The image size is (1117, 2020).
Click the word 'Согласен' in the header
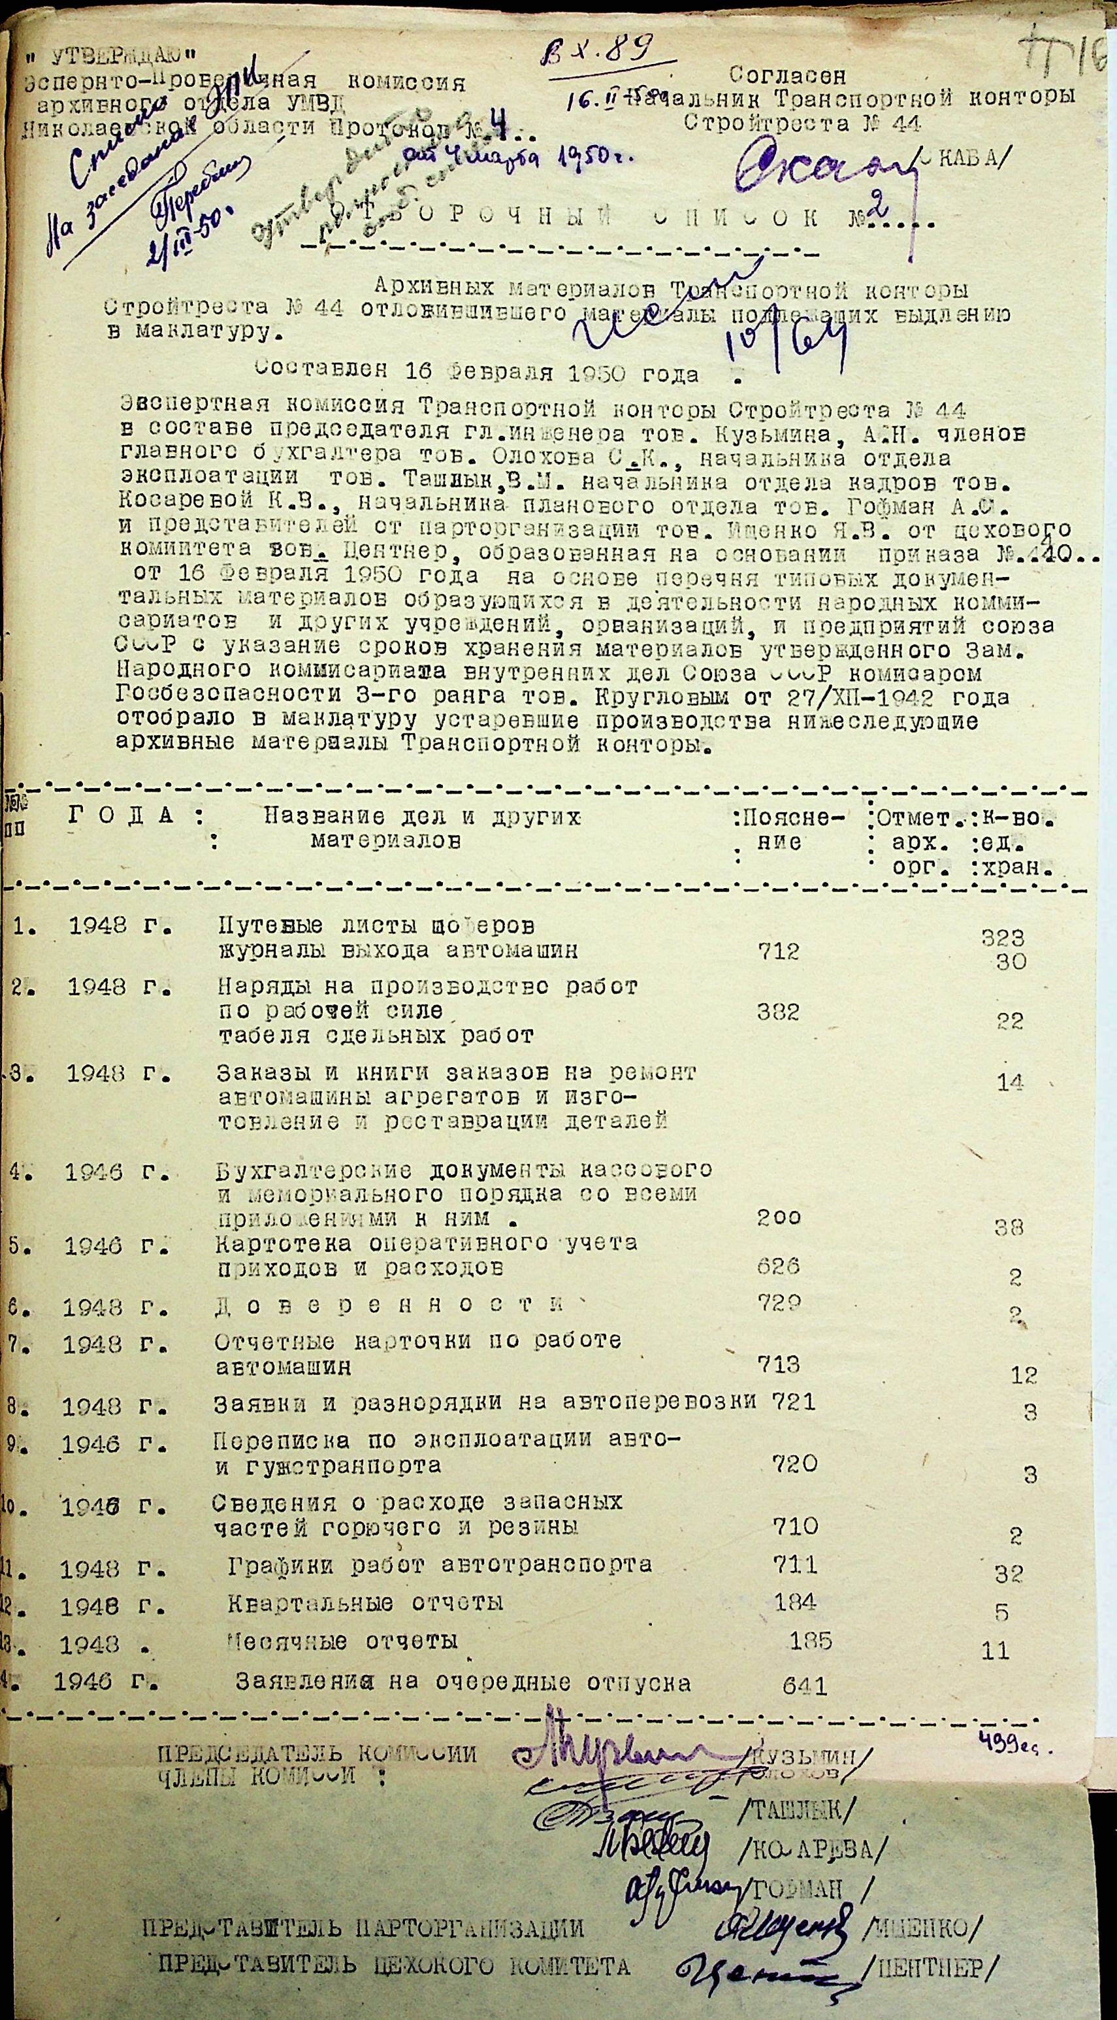787,76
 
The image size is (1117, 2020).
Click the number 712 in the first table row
779,952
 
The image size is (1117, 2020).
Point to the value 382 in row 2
779,1012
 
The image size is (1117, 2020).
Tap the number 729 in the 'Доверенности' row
779,1303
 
